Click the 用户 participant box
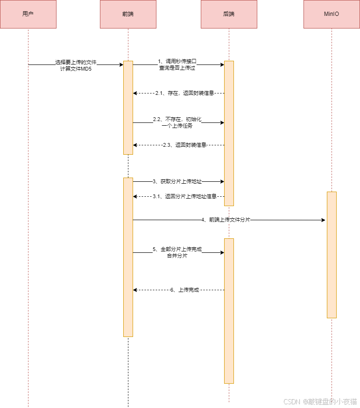tap(28, 14)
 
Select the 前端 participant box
tap(128, 14)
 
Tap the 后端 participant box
tap(229, 14)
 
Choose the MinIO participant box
tap(332, 14)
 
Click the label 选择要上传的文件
tap(76, 62)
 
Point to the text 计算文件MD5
tap(76, 68)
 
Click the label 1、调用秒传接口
tap(177, 61)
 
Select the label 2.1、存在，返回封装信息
tap(184, 93)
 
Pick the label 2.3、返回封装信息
tap(184, 145)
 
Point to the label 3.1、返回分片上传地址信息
tap(184, 196)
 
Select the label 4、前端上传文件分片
tap(226, 220)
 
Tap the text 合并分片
tap(177, 256)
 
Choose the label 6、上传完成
tap(184, 290)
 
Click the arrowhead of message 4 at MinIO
tap(323, 220)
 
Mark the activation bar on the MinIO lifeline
tap(332, 255)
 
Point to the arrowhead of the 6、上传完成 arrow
tap(135, 290)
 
